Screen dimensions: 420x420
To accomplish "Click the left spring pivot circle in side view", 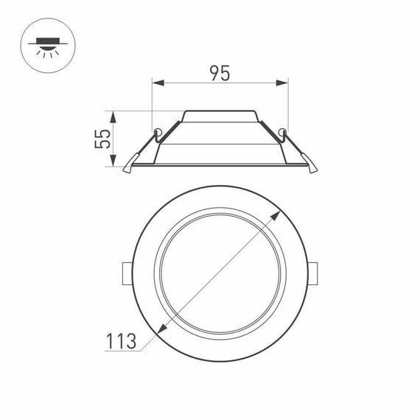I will click(158, 133).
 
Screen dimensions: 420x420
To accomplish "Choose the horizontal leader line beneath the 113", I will click(122, 352).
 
